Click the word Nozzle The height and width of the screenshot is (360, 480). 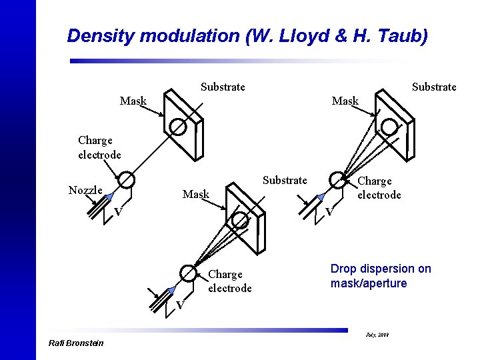click(85, 190)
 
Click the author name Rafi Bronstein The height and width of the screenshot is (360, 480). click(77, 343)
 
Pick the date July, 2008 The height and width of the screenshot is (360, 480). click(376, 333)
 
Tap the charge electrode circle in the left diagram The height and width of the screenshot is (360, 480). click(125, 179)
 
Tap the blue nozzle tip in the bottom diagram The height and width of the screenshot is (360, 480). click(172, 289)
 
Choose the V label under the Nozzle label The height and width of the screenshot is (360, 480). click(117, 212)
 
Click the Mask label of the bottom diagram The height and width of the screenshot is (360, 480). click(196, 195)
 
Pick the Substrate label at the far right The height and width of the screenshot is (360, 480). click(434, 87)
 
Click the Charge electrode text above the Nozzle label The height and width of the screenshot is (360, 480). click(99, 147)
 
